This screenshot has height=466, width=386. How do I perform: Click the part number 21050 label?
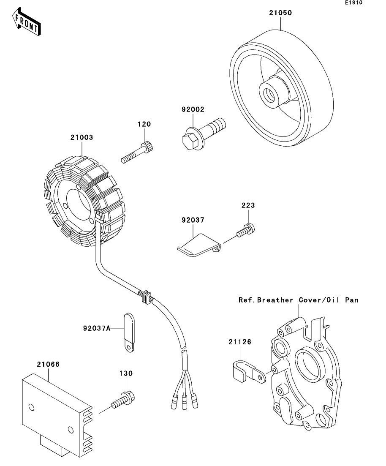tap(280, 13)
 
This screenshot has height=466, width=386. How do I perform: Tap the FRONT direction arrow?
tap(26, 22)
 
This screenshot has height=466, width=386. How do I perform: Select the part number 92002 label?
tap(193, 109)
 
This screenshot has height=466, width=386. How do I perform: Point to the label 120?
tap(144, 124)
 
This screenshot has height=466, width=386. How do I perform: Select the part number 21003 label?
tap(82, 137)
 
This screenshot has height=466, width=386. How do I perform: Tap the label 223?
tap(248, 205)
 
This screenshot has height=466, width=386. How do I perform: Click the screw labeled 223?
tap(246, 230)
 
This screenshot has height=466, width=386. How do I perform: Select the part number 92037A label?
tap(97, 328)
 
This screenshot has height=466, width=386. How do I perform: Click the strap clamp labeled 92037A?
tap(129, 332)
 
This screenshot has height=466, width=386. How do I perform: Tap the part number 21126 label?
tap(240, 342)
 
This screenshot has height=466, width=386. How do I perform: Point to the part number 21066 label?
tap(49, 364)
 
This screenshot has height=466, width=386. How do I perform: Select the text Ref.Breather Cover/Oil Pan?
tap(298, 300)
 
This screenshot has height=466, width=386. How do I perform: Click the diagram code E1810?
tap(353, 3)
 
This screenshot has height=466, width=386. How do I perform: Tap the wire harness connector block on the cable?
tap(145, 296)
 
